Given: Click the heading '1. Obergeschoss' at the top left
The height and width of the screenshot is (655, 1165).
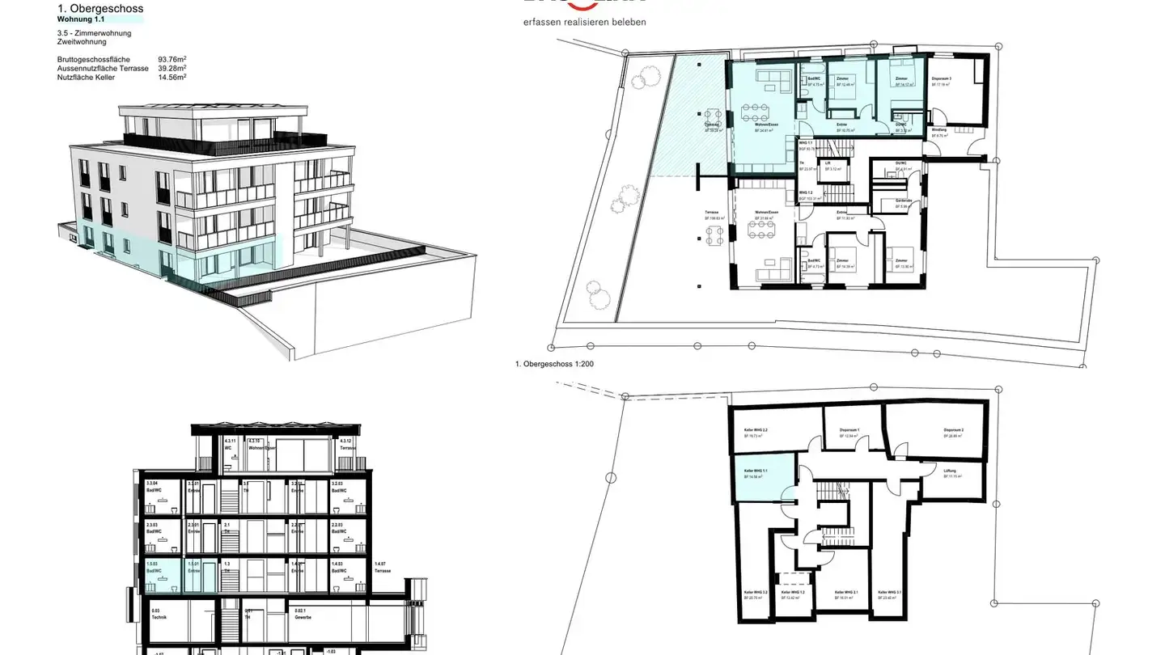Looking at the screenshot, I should (100, 9).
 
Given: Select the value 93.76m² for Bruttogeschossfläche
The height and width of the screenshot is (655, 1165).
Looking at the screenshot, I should (172, 60).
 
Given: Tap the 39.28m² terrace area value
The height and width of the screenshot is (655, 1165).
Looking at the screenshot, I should (172, 69).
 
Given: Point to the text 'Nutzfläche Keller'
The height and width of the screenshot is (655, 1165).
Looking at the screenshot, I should (87, 78).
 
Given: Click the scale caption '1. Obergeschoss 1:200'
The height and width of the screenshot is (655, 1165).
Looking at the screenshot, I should (554, 364).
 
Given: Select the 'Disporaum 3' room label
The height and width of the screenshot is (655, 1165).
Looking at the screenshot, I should (941, 78).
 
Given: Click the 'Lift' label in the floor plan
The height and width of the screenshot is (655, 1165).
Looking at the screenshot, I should (828, 163).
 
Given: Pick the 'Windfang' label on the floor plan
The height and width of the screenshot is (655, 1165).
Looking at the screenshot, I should (938, 129).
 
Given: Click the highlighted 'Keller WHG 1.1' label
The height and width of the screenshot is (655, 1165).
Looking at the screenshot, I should (756, 470).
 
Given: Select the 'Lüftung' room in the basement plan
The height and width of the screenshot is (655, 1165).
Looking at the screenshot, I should (951, 471).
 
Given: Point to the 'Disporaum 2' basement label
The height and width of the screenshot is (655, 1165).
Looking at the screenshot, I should (953, 429).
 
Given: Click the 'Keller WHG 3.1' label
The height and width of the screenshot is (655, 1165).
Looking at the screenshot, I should (889, 592).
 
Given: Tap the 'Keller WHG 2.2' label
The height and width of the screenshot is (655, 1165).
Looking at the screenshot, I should (756, 429).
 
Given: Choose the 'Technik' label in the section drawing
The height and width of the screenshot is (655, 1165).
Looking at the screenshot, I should (159, 615).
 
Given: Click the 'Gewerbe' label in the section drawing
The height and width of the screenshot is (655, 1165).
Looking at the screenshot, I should (303, 615).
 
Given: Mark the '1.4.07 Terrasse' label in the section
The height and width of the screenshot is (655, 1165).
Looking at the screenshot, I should (383, 566).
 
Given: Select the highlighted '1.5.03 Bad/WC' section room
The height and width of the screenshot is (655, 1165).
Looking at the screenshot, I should (154, 567).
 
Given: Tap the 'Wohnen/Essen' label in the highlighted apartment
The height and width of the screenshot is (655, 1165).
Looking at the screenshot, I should (766, 124).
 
